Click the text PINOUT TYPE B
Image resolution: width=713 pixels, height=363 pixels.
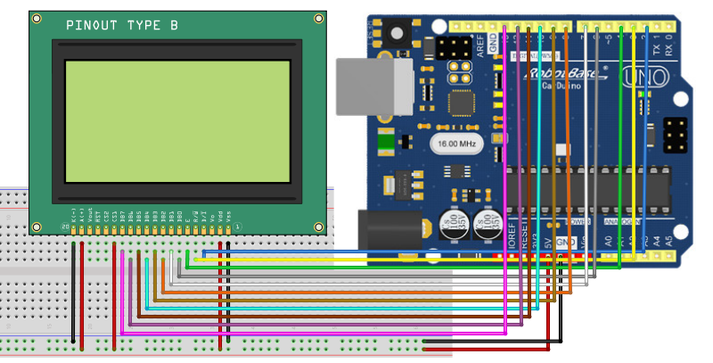coord(121,27)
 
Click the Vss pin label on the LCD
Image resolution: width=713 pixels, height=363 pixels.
coord(229,217)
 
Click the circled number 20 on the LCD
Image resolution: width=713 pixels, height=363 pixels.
coord(65,228)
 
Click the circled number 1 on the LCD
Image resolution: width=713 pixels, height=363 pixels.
coord(237,228)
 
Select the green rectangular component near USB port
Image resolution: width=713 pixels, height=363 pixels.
coord(387,141)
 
